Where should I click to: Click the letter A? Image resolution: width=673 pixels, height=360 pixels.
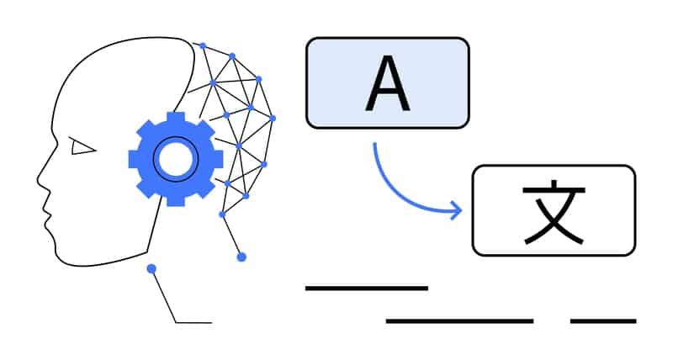tap(387, 85)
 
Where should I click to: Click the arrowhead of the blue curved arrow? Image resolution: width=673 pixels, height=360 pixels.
tap(458, 211)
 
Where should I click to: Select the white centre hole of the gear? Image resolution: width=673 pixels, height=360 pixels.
tap(175, 158)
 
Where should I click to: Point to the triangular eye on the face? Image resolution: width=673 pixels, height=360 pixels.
tap(82, 148)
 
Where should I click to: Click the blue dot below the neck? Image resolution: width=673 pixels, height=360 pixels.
tap(151, 269)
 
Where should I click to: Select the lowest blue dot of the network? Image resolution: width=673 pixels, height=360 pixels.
tap(241, 257)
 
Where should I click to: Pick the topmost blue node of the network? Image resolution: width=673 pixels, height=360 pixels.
tap(203, 45)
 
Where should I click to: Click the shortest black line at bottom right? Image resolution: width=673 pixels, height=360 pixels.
tap(602, 320)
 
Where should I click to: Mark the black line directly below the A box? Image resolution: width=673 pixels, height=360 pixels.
tap(366, 289)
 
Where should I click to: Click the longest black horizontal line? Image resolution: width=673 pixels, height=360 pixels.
tap(459, 320)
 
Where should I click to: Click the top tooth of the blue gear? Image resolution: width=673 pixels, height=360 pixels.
tap(175, 117)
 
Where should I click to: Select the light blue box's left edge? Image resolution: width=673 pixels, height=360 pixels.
tap(306, 83)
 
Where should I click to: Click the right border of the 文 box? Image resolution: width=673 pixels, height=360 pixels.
tap(635, 210)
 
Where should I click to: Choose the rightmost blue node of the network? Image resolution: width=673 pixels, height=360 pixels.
tap(272, 118)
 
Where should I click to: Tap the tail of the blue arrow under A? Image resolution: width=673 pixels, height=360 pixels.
tap(374, 145)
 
